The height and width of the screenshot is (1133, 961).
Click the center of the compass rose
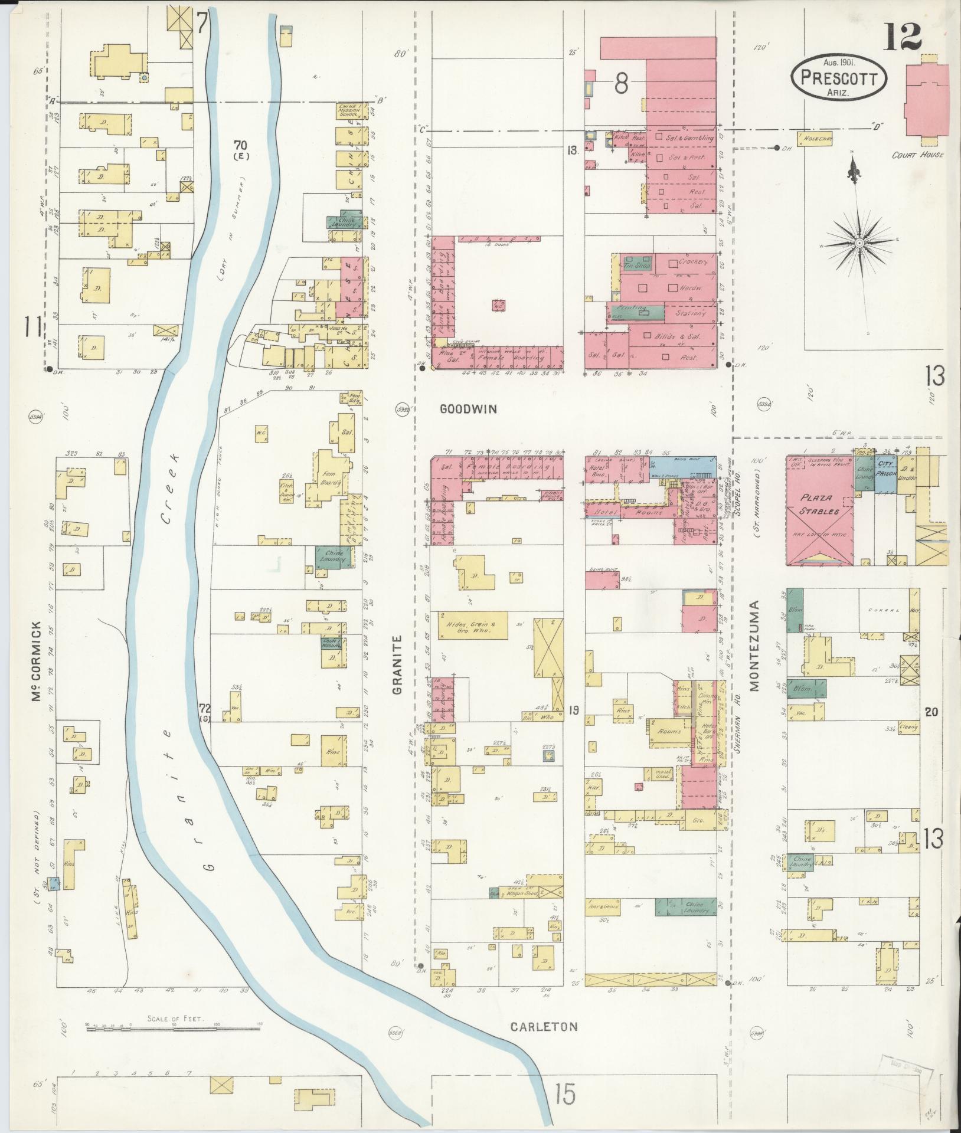[x=860, y=243]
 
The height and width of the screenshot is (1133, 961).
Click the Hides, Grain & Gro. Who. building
[x=472, y=627]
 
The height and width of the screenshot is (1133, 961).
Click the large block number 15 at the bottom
[x=564, y=1095]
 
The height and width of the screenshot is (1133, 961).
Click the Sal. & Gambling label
[x=689, y=138]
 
